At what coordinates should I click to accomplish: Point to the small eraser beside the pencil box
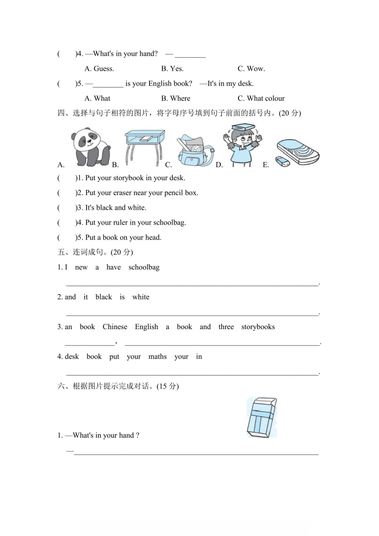coord(283,161)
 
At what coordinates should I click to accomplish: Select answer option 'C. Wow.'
coord(251,69)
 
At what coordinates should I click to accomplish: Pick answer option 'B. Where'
coord(175,98)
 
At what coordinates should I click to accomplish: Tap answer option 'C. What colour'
coord(261,98)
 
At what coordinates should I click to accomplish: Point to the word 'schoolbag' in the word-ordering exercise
coord(144,268)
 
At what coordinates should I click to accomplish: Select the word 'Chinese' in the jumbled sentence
coord(115,327)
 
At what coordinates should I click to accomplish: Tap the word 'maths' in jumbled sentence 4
coord(158,357)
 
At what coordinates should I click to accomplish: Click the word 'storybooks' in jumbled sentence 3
coord(258,327)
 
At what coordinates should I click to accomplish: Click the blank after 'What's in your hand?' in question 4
coord(190,54)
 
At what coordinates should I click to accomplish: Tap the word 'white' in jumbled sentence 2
coord(141,297)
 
